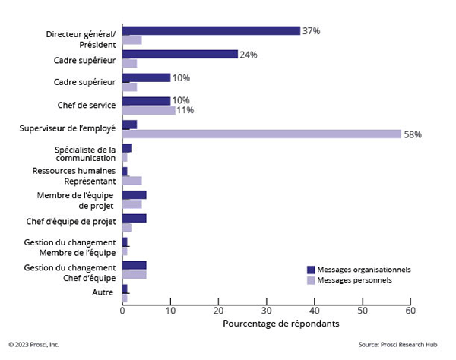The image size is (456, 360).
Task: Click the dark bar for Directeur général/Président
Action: point(211,31)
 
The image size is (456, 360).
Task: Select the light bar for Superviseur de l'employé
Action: point(261,134)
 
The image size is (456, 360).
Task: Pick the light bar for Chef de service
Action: point(149,110)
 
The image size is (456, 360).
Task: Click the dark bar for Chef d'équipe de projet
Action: point(134,219)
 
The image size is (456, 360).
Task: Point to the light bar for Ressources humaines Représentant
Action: point(132,181)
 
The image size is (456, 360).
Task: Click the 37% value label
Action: point(311,31)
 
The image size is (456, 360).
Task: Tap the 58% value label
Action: point(413,134)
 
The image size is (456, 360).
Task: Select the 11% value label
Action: point(185,110)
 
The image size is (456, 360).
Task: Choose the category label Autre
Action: point(104,292)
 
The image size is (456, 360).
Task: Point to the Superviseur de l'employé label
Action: point(68,129)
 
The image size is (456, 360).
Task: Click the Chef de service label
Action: point(87,106)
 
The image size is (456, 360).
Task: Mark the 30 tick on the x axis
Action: point(266,311)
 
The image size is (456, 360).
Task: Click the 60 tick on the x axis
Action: point(410,311)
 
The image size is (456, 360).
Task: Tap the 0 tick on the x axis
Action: point(122,311)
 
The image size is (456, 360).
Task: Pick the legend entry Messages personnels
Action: point(354,280)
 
